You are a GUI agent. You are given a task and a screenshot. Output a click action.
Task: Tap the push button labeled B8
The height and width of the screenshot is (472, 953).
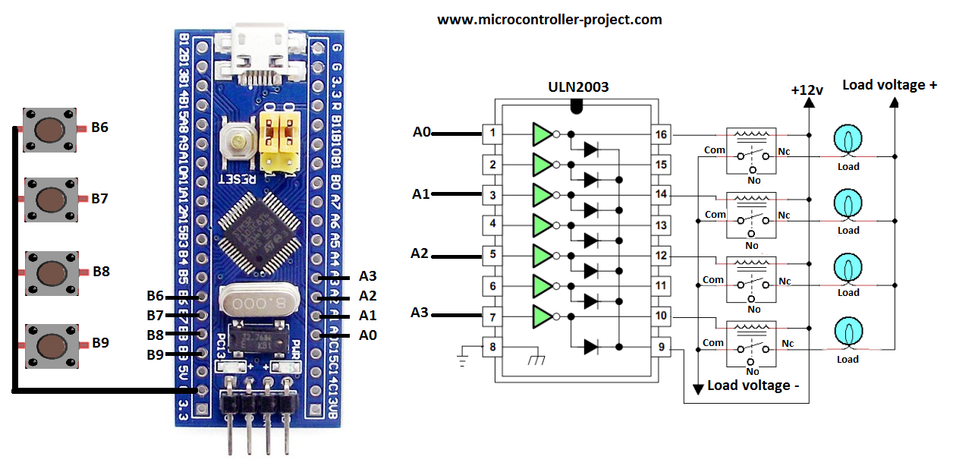51,272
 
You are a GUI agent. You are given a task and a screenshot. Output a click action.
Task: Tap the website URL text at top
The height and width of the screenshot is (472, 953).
549,20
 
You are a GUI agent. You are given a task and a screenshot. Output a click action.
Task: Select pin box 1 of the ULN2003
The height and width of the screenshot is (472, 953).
492,134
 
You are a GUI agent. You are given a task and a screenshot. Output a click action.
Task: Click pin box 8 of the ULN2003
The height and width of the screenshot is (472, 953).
492,348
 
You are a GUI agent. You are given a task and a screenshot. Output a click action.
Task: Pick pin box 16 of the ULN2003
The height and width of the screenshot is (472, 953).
661,135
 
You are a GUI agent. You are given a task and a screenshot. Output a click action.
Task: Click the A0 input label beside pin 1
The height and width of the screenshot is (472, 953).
422,133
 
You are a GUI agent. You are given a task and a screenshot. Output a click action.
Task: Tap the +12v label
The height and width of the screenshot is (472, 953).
807,90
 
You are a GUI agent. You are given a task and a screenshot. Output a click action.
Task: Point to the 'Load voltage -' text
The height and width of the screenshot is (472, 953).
753,385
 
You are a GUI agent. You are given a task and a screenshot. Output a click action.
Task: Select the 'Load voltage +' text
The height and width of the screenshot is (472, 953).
889,85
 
